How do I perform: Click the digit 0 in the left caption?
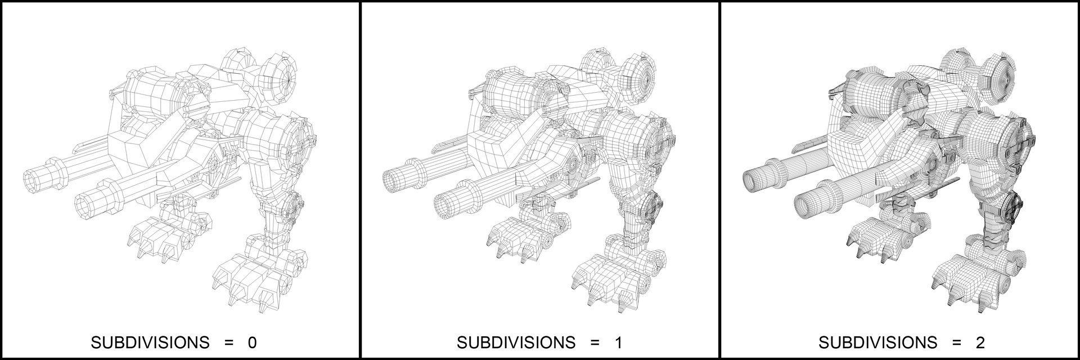(x=253, y=343)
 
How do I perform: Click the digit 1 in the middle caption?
(x=618, y=343)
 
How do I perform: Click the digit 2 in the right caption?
(x=980, y=343)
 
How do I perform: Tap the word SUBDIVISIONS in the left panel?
(x=150, y=343)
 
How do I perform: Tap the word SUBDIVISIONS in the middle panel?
(x=516, y=343)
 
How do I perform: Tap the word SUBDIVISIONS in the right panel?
(x=877, y=343)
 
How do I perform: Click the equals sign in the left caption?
(x=228, y=343)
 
